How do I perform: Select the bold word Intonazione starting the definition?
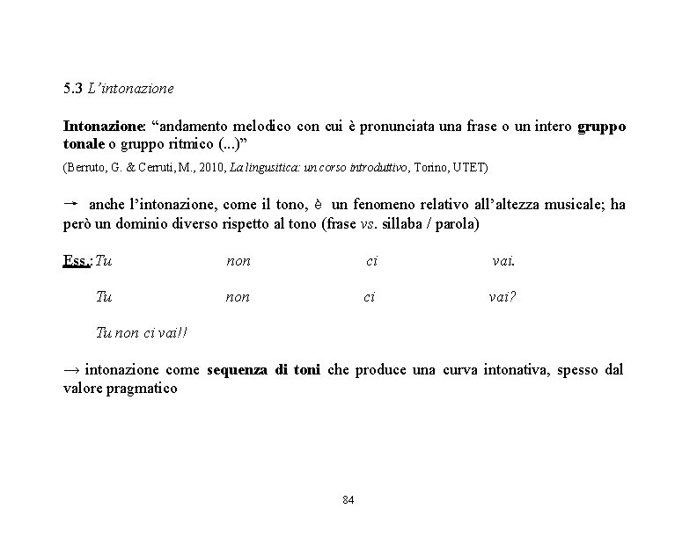point(97,127)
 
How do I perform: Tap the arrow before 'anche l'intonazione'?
point(72,203)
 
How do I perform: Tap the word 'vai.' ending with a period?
point(503,260)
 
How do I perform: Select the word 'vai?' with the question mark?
point(503,297)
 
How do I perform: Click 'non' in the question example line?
point(238,297)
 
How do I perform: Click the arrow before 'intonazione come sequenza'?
point(72,369)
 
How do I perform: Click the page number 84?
point(348,500)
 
